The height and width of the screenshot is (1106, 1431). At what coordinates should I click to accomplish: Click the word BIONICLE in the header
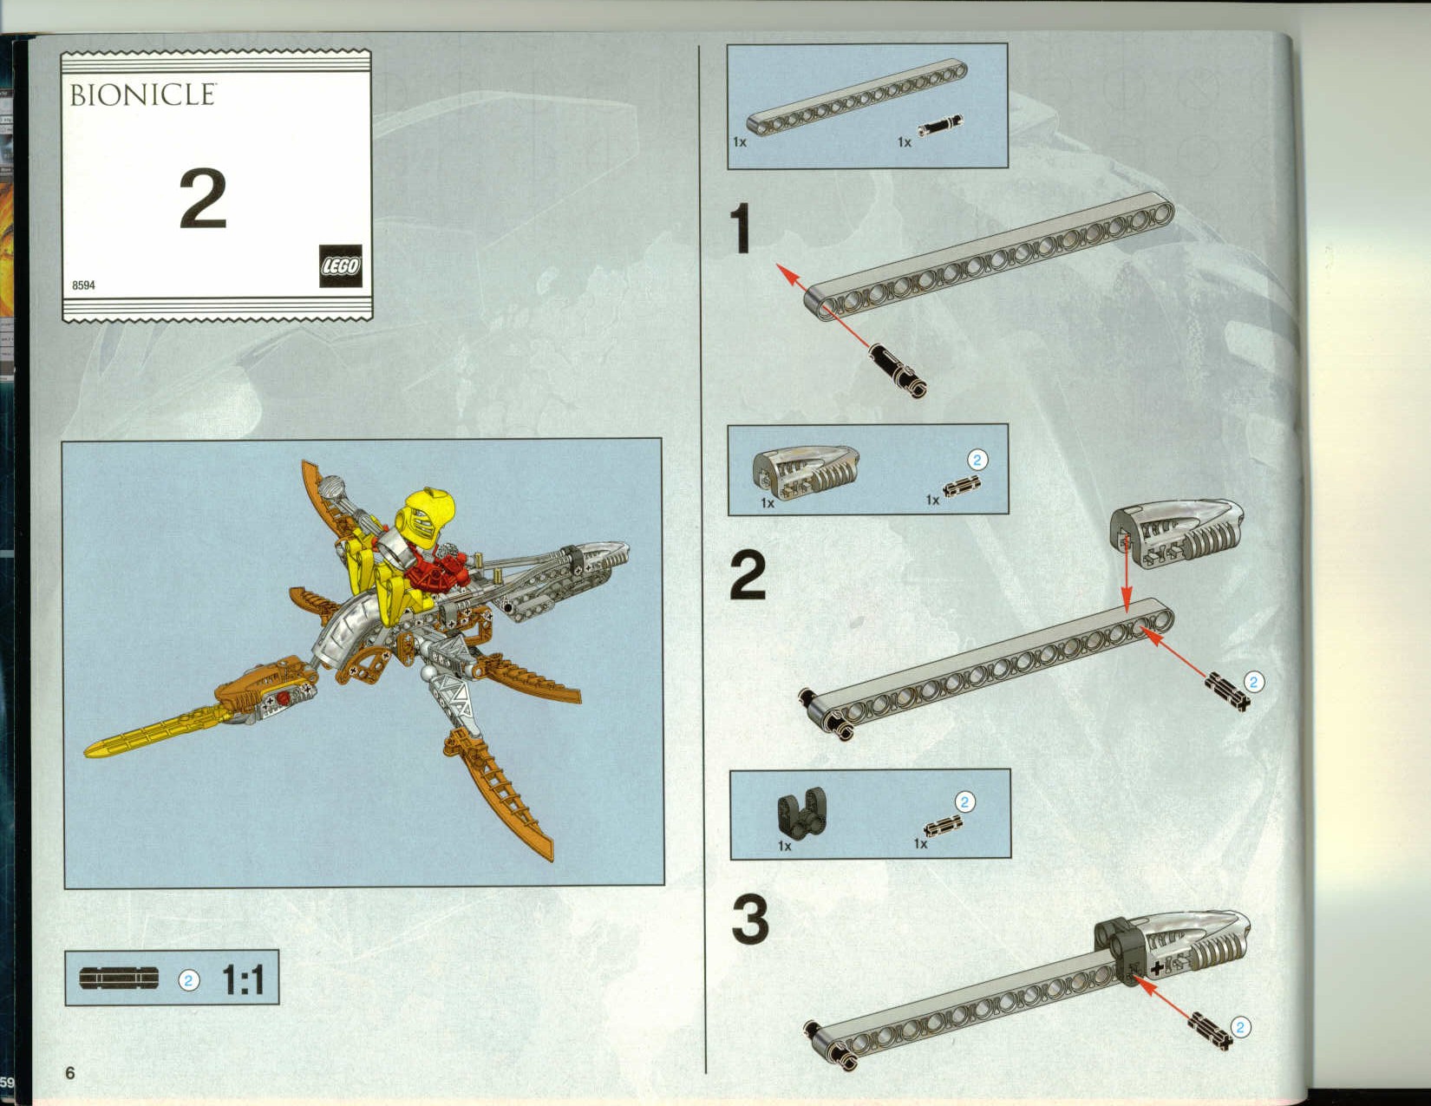click(x=143, y=95)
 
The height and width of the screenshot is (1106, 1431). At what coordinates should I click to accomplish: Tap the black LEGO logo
click(x=341, y=265)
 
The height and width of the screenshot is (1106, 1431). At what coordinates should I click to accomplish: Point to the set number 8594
click(x=83, y=285)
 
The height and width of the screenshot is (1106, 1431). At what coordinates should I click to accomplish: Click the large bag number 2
click(x=203, y=199)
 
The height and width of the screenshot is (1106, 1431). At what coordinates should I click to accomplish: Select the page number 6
click(x=70, y=1072)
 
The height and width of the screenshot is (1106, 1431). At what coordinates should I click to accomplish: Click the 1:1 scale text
click(x=243, y=979)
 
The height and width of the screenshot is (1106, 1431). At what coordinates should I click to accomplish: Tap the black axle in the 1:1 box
click(x=119, y=978)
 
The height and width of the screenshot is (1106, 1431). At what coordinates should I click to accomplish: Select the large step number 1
click(x=742, y=228)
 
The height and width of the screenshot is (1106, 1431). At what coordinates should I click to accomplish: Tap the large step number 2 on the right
click(x=748, y=575)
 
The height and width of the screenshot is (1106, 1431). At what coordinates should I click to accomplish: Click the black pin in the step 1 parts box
click(x=940, y=124)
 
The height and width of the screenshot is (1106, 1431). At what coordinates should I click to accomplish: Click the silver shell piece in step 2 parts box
click(x=807, y=472)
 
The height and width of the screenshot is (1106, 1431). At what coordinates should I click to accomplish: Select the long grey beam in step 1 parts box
click(x=858, y=97)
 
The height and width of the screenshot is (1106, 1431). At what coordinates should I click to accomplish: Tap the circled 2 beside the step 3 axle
click(x=1240, y=1027)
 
